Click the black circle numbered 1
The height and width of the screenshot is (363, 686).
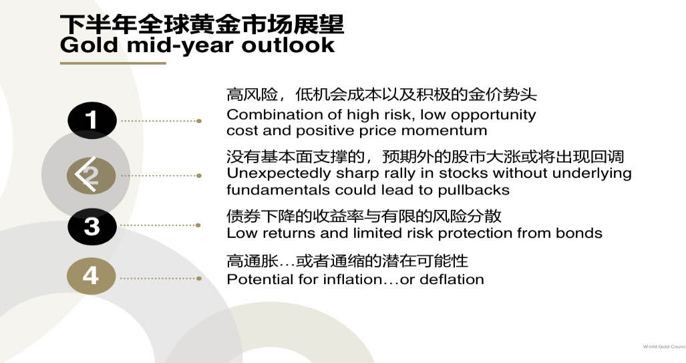92,120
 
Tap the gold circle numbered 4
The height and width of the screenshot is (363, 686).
91,276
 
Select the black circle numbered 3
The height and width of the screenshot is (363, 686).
92,227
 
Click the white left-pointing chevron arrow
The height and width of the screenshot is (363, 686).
85,174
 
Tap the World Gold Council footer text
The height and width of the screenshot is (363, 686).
664,346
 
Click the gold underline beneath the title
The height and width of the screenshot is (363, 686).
113,64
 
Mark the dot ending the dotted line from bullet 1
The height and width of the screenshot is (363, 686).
199,121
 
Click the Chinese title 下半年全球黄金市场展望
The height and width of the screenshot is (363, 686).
202,24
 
